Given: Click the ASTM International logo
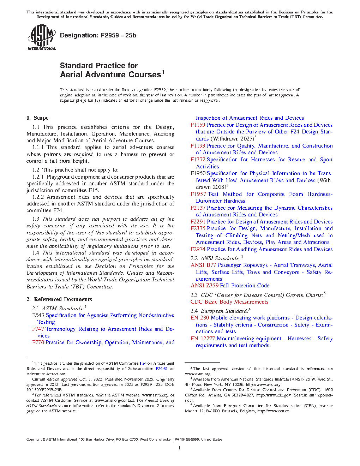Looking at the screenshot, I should click(x=42, y=37).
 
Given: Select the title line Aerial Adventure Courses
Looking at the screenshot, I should click(x=111, y=74).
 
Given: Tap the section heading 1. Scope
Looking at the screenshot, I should click(x=37, y=118).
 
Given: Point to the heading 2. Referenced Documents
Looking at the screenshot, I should click(x=59, y=299).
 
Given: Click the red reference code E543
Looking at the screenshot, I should click(x=38, y=315).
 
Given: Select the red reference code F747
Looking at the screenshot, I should click(x=38, y=329).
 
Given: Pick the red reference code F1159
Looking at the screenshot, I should click(x=198, y=125).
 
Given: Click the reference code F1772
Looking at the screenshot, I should click(x=198, y=160).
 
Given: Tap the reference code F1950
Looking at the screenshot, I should click(x=198, y=173).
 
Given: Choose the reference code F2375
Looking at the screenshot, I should click(x=198, y=228).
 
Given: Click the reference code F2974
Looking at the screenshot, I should click(x=198, y=249).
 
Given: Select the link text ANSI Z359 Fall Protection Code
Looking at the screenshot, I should click(x=230, y=286).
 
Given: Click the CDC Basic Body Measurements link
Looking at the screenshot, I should click(x=229, y=302).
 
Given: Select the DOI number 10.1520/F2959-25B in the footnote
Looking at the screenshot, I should click(x=44, y=390).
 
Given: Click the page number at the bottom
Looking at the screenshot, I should click(x=180, y=448).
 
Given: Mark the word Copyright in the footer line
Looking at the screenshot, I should click(x=34, y=440).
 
